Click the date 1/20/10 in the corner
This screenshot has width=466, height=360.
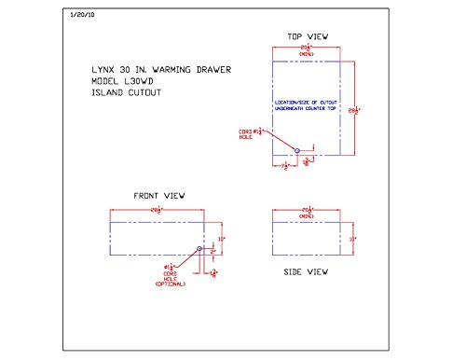(x=81, y=16)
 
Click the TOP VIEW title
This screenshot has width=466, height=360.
(x=307, y=36)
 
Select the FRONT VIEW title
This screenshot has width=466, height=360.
(x=160, y=196)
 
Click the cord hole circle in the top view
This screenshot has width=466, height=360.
(x=297, y=150)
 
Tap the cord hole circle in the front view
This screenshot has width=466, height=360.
(x=199, y=250)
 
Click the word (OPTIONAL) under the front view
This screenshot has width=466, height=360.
(x=171, y=284)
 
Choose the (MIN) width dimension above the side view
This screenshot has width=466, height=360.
(x=307, y=213)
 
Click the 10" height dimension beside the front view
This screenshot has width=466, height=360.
(x=223, y=239)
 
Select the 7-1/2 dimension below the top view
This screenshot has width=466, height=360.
(x=284, y=165)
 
